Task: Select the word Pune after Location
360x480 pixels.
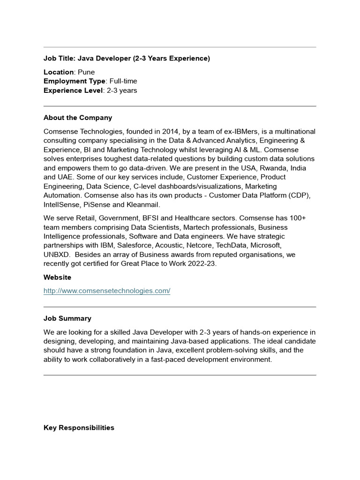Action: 86,72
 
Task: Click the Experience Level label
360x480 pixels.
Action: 73,90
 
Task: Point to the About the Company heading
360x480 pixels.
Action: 78,118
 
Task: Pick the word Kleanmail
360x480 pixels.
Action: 144,205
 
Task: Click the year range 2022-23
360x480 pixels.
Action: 202,264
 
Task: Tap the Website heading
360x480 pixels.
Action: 57,277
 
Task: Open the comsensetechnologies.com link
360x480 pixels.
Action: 107,291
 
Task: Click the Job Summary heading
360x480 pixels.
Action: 67,319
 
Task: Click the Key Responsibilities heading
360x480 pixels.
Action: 79,428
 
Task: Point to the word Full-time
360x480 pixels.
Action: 123,81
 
